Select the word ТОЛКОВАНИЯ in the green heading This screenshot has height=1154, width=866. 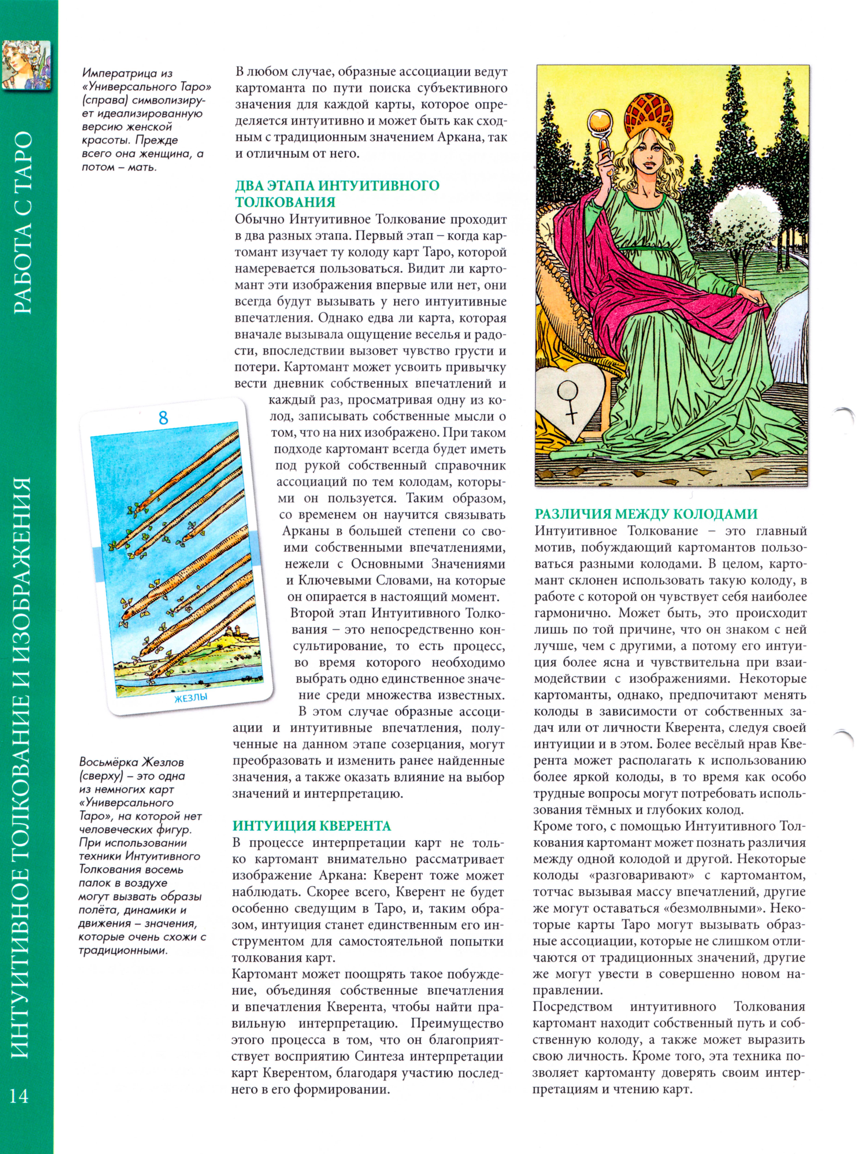[x=285, y=202]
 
